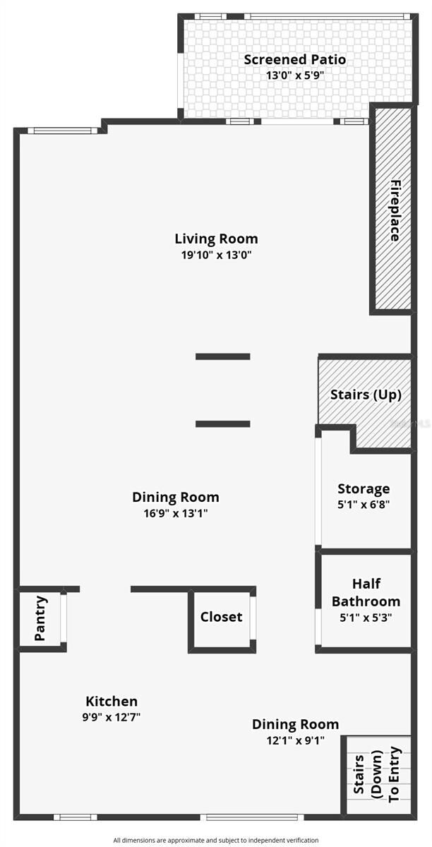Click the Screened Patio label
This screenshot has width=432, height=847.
point(295,59)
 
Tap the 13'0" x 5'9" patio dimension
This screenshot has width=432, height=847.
point(295,76)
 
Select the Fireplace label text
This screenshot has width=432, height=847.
point(395,211)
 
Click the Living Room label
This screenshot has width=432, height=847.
point(216,239)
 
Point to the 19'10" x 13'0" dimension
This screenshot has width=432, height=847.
point(216,255)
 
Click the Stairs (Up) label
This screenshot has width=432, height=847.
point(366,395)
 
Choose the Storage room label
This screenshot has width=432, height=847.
point(364,488)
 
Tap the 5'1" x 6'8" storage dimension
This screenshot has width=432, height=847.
point(364,505)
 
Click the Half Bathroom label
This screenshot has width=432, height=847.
point(366,592)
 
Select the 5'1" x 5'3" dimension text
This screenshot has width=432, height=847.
point(366,616)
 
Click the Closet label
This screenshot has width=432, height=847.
point(221,617)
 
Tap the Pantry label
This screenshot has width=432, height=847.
point(40,619)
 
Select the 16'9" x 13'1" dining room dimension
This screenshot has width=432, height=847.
point(175,513)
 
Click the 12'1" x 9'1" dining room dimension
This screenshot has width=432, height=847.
point(295,740)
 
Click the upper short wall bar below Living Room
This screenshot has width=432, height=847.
point(223,356)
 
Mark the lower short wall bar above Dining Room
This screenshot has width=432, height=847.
point(223,423)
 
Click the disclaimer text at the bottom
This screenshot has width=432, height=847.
point(216,840)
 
